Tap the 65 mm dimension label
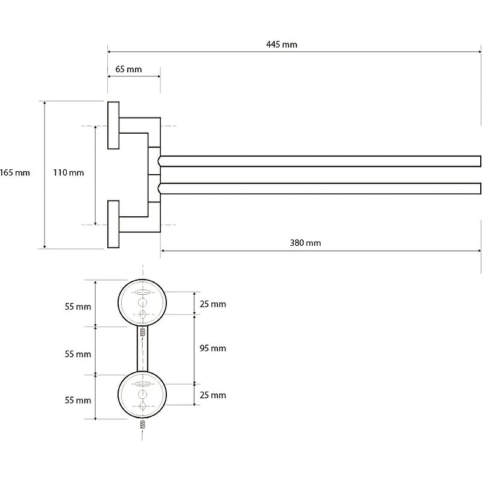128,69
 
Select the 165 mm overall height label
15,173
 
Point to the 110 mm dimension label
68,173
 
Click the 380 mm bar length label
305,243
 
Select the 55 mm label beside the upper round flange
78,307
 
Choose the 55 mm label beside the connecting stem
78,354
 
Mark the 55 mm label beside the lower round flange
78,400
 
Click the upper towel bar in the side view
319,161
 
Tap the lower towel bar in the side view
319,188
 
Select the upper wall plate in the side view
113,125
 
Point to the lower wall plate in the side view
113,224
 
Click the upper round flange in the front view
143,302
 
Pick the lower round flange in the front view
143,394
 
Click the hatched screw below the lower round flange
143,424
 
